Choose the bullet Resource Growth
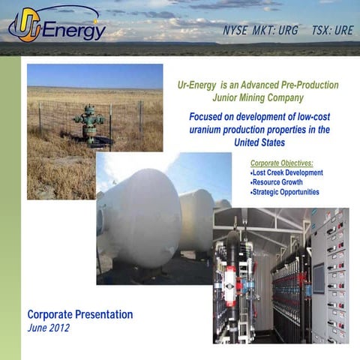(x=277, y=182)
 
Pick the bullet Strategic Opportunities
(x=284, y=192)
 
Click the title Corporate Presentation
(x=80, y=314)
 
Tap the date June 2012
(x=49, y=328)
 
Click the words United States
(x=260, y=142)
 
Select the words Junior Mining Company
(x=260, y=97)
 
